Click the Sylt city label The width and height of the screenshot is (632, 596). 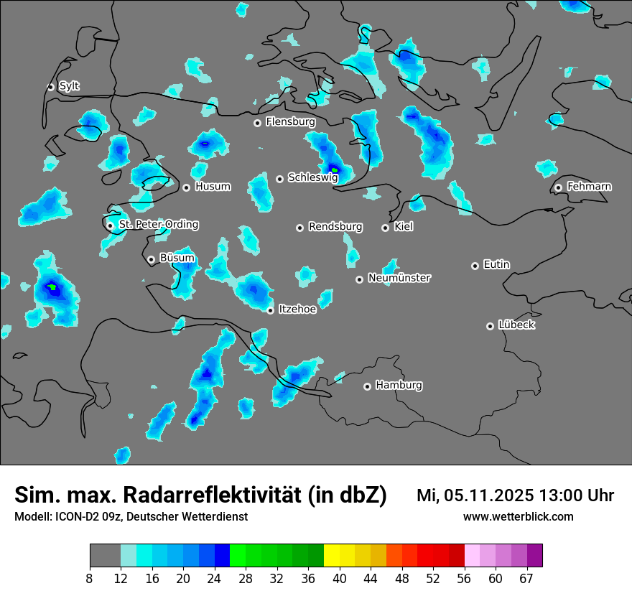[x=69, y=86]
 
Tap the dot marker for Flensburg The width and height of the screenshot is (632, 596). [x=257, y=123]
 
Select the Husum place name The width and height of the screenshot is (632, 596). [x=213, y=187]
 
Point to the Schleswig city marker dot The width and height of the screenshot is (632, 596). [x=279, y=179]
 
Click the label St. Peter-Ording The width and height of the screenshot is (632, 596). [x=158, y=225]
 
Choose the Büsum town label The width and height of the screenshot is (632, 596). [x=177, y=259]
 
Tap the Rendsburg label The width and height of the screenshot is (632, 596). [x=335, y=227]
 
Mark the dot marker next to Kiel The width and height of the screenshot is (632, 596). [x=385, y=228]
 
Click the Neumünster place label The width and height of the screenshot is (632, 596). [x=399, y=278]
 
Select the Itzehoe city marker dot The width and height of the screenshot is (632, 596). [x=270, y=310]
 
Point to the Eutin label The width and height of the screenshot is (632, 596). [x=496, y=265]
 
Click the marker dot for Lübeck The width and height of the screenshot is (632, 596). [x=490, y=326]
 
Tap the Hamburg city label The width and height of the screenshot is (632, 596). [x=399, y=386]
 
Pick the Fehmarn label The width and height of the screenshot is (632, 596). [x=589, y=187]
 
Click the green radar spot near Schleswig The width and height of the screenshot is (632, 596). [x=335, y=170]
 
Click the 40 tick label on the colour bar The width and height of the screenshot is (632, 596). [x=340, y=579]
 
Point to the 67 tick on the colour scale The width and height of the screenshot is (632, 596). [x=526, y=579]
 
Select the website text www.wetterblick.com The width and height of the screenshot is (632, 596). [x=518, y=516]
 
